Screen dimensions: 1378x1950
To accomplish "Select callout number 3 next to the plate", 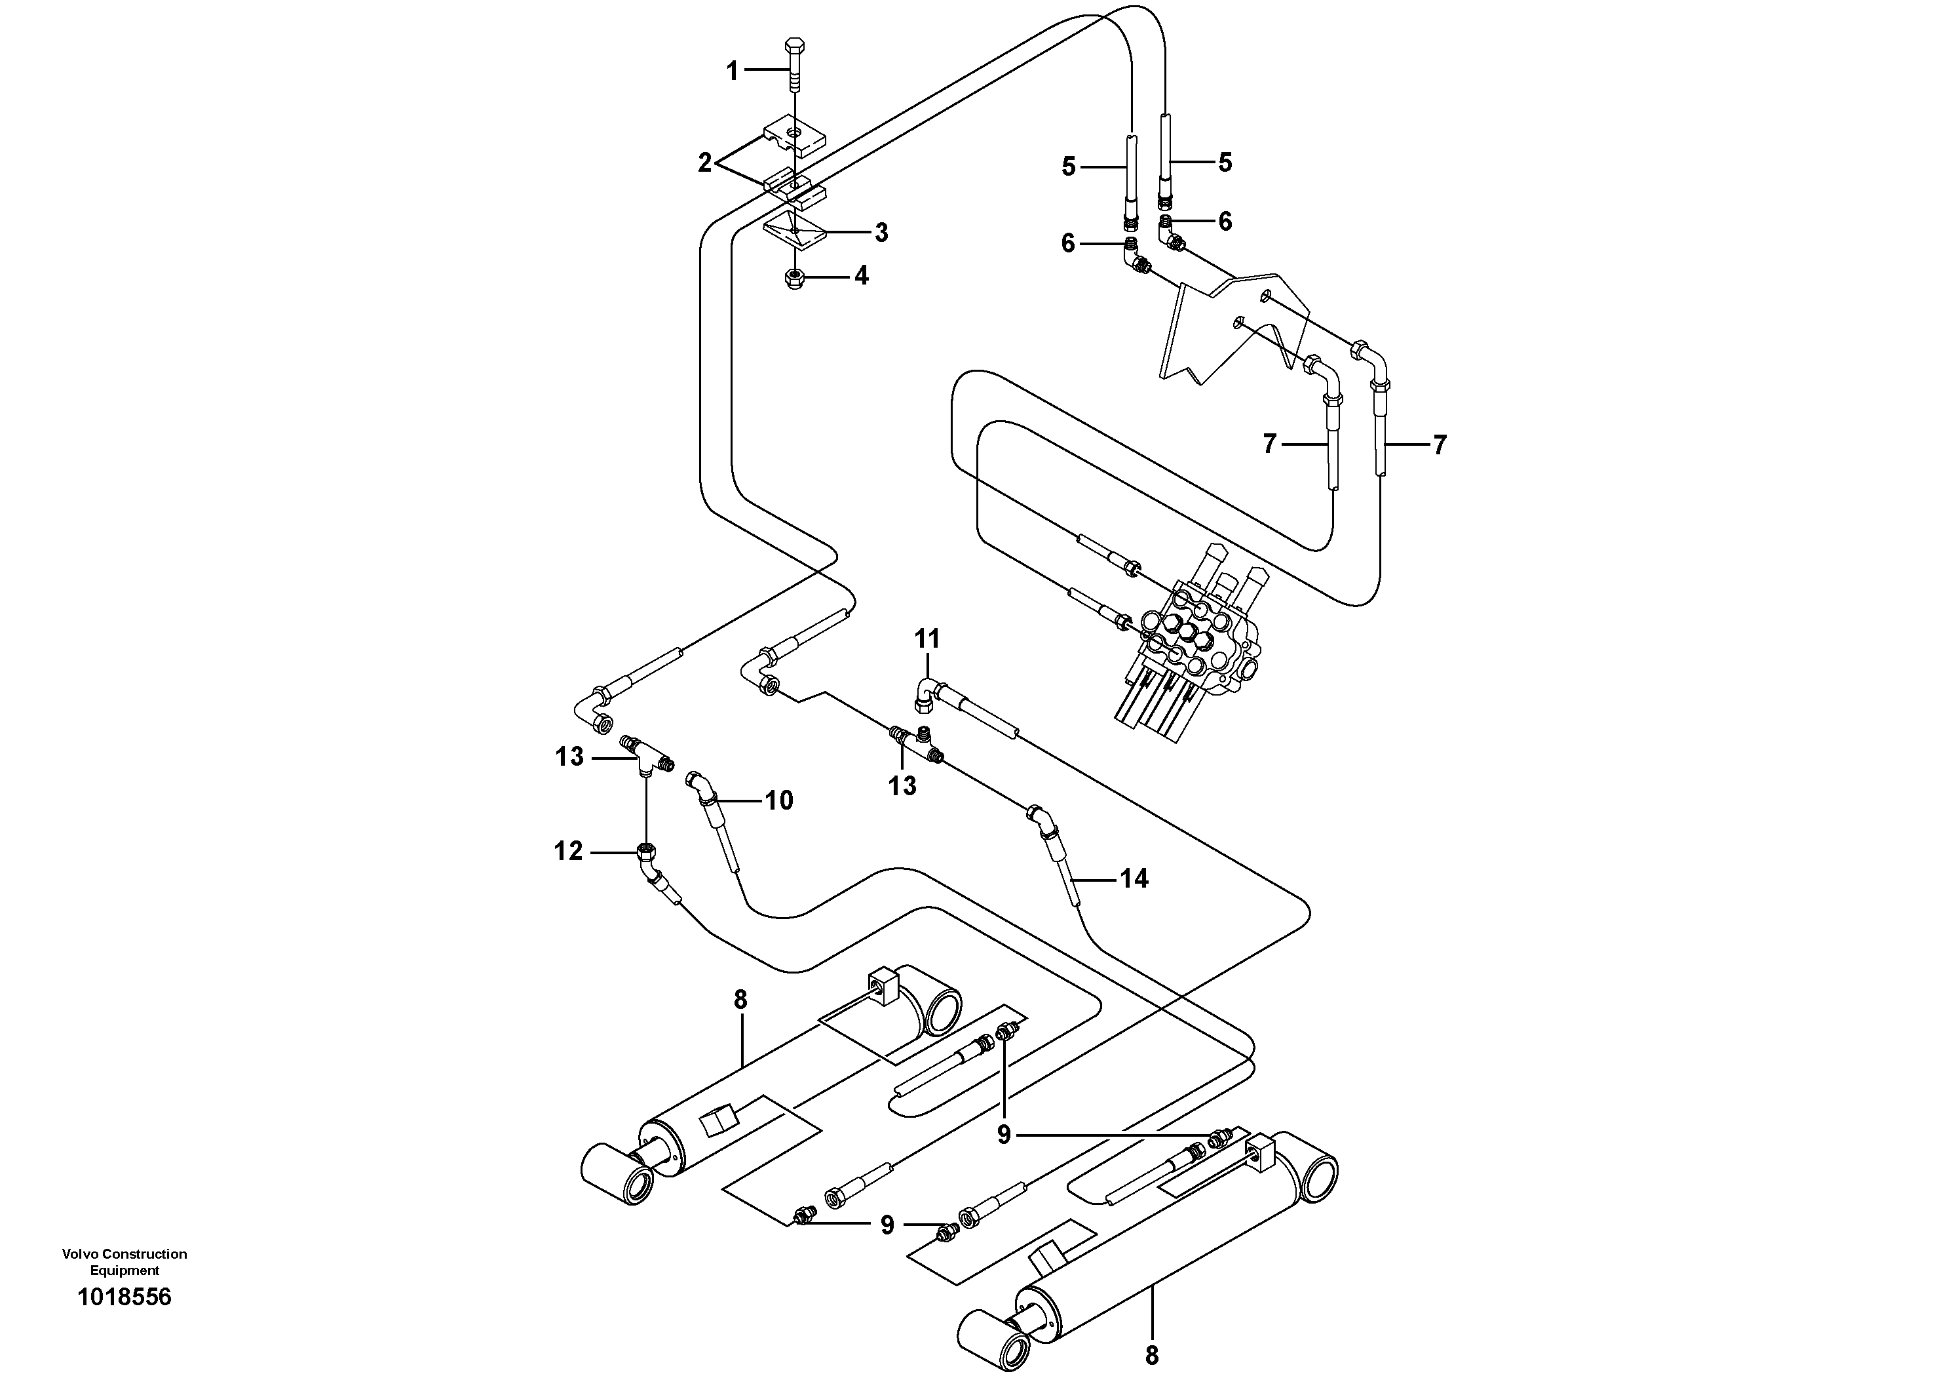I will point(881,232).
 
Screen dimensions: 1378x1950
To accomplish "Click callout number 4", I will point(861,275).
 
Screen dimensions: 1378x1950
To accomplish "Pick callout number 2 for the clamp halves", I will point(705,163).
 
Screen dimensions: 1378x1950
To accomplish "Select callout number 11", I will point(927,638).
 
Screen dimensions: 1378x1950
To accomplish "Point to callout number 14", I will point(1134,878).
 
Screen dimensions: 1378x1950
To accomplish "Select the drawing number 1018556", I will point(124,1297).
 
